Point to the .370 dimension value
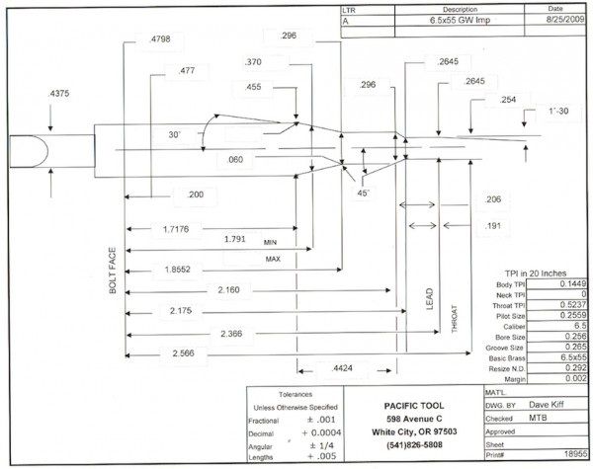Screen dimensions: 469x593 (254, 62)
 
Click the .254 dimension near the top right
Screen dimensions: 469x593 (508, 100)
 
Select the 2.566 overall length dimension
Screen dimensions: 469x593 (182, 352)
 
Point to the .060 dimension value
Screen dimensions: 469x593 (234, 159)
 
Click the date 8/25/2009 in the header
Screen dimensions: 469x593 (557, 20)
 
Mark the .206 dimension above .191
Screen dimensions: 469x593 (493, 199)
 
